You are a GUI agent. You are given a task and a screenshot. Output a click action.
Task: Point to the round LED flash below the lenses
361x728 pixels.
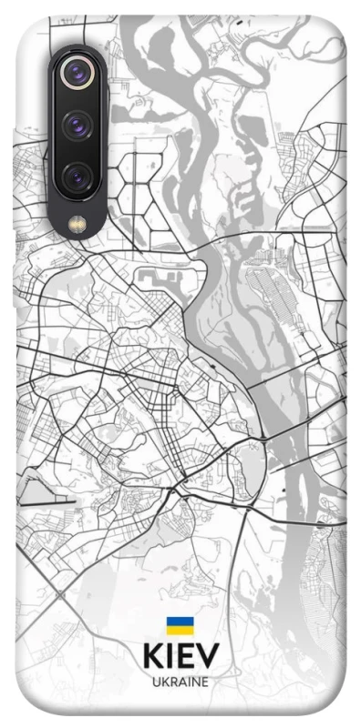[x=77, y=221]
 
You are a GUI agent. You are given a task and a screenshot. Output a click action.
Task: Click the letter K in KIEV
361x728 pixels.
[x=152, y=657]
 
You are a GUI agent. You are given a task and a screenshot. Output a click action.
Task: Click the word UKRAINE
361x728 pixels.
[x=180, y=681]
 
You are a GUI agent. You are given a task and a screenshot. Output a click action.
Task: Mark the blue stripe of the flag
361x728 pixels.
[x=180, y=622]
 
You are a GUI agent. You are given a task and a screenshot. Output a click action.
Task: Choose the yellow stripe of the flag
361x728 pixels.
[x=180, y=630]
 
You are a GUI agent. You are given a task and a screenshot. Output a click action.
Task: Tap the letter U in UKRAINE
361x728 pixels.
[x=155, y=681]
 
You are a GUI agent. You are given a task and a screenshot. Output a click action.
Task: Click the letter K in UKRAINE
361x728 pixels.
[x=164, y=681]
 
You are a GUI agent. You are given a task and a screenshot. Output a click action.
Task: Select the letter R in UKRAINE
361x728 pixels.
[x=172, y=681]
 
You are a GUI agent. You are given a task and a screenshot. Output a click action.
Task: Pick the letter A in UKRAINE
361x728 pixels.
[x=181, y=681]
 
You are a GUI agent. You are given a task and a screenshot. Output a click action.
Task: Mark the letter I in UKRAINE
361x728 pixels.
[x=188, y=681]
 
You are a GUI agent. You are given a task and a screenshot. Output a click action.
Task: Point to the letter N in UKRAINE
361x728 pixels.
[x=195, y=681]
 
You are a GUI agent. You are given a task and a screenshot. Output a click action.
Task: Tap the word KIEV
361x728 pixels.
[x=180, y=657]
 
